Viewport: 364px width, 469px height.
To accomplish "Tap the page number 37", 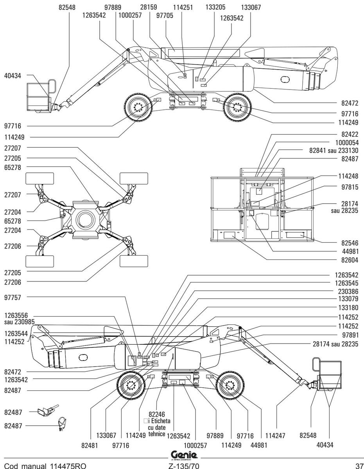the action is point(359,465).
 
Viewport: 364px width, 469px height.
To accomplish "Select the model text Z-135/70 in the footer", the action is point(184,465).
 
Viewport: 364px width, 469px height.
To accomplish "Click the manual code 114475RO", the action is point(68,465).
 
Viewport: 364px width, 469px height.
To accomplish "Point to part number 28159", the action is point(149,7).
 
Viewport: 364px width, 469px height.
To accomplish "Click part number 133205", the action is point(215,7).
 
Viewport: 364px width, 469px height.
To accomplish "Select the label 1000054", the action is point(347,143).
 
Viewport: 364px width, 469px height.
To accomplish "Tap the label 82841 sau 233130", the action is point(334,150).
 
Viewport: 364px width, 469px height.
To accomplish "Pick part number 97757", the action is point(13,298).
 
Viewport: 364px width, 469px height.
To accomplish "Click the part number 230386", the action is point(348,292).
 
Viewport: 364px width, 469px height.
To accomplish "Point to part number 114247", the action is point(275,435).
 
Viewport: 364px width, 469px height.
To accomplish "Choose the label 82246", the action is point(157,414).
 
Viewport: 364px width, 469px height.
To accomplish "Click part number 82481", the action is point(90,445).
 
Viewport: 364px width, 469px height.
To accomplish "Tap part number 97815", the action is point(350,187).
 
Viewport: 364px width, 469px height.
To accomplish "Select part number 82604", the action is point(350,260).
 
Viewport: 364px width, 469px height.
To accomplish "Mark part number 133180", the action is point(348,308).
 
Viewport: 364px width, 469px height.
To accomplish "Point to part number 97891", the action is point(350,335).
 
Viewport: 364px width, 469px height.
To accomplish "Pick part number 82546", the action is point(350,243).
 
